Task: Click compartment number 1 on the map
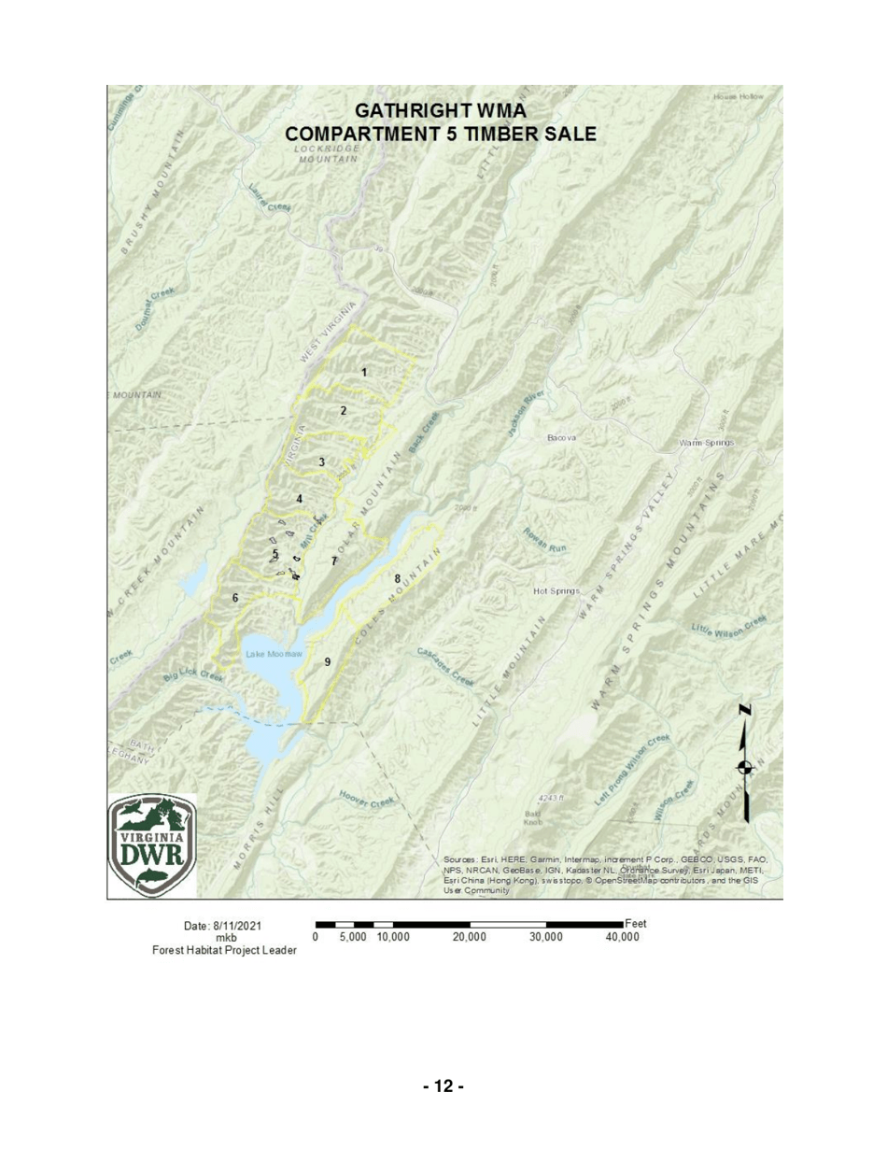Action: (x=364, y=372)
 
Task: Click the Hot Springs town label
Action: (x=558, y=592)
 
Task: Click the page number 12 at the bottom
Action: (x=443, y=1086)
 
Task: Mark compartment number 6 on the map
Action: (x=235, y=596)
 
